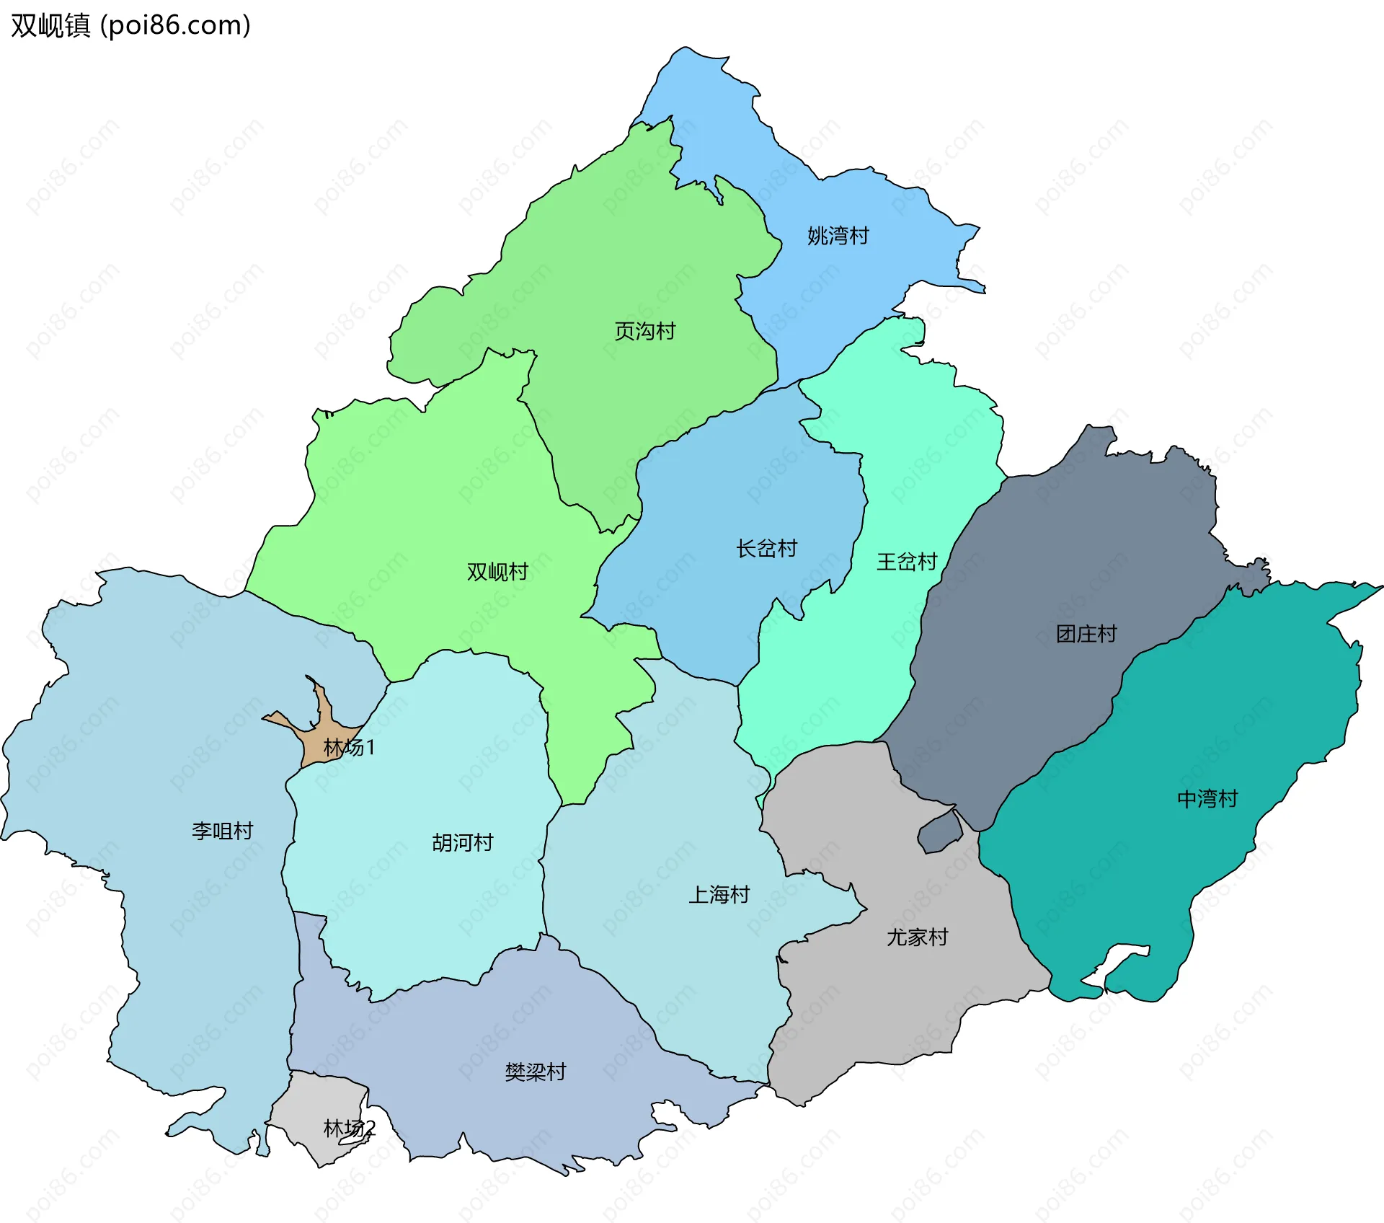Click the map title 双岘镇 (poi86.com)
(130, 25)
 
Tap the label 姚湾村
(838, 236)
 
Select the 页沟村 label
(644, 331)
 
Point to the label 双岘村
(497, 572)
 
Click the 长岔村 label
(766, 549)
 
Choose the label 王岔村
(906, 562)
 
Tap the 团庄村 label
(1086, 634)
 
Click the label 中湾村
(1207, 799)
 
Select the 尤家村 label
(917, 937)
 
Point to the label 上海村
(719, 895)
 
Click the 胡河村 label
(462, 842)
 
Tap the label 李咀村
(222, 831)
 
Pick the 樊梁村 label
(535, 1072)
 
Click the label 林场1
(349, 747)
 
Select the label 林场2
(349, 1129)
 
